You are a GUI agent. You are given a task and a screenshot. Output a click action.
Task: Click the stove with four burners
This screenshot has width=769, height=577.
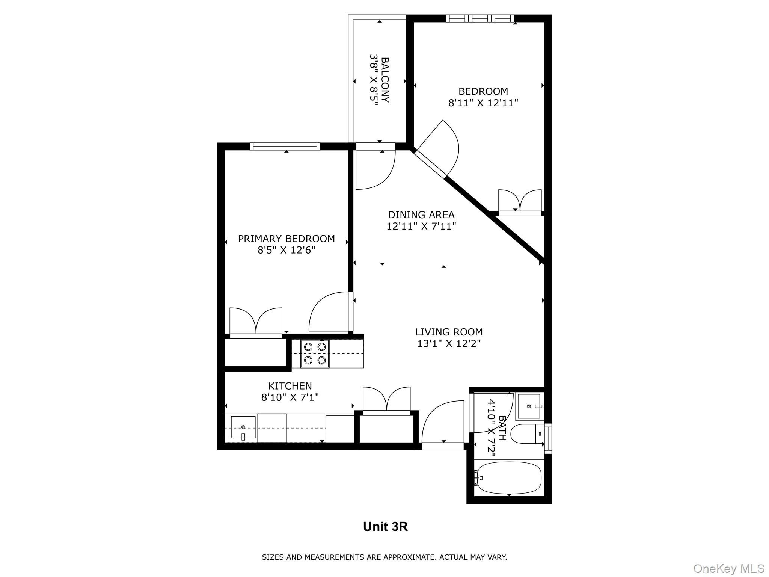pos(315,353)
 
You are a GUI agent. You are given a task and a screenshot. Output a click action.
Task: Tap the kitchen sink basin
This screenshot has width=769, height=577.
pos(243,427)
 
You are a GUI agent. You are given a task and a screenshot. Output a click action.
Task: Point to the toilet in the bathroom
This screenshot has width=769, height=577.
pos(528,434)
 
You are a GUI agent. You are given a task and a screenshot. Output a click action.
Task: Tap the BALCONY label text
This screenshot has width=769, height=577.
pos(385,80)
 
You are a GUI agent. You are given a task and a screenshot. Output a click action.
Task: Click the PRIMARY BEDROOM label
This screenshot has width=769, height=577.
pos(286,239)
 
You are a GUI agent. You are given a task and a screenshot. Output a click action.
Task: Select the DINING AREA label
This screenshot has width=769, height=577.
pos(421,215)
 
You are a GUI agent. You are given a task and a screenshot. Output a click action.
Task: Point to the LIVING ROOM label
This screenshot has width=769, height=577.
pos(449,332)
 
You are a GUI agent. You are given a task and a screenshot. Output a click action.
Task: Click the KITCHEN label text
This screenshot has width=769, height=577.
pos(290,386)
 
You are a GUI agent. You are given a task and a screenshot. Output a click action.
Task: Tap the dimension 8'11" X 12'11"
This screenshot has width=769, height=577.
pos(483,103)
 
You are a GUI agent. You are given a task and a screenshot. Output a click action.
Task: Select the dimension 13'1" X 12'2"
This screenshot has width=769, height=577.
pos(449,343)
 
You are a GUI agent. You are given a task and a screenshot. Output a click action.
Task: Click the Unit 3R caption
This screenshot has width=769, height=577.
pos(385,527)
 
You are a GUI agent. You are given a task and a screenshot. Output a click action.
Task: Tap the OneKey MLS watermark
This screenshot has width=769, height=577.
pos(729,569)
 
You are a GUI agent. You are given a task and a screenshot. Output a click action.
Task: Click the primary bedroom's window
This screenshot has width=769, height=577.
pos(285,147)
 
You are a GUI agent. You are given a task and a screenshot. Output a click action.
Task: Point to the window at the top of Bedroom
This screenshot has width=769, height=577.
pos(480,18)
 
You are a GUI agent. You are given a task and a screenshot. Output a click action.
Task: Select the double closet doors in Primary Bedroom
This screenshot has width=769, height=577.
pos(256,321)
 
